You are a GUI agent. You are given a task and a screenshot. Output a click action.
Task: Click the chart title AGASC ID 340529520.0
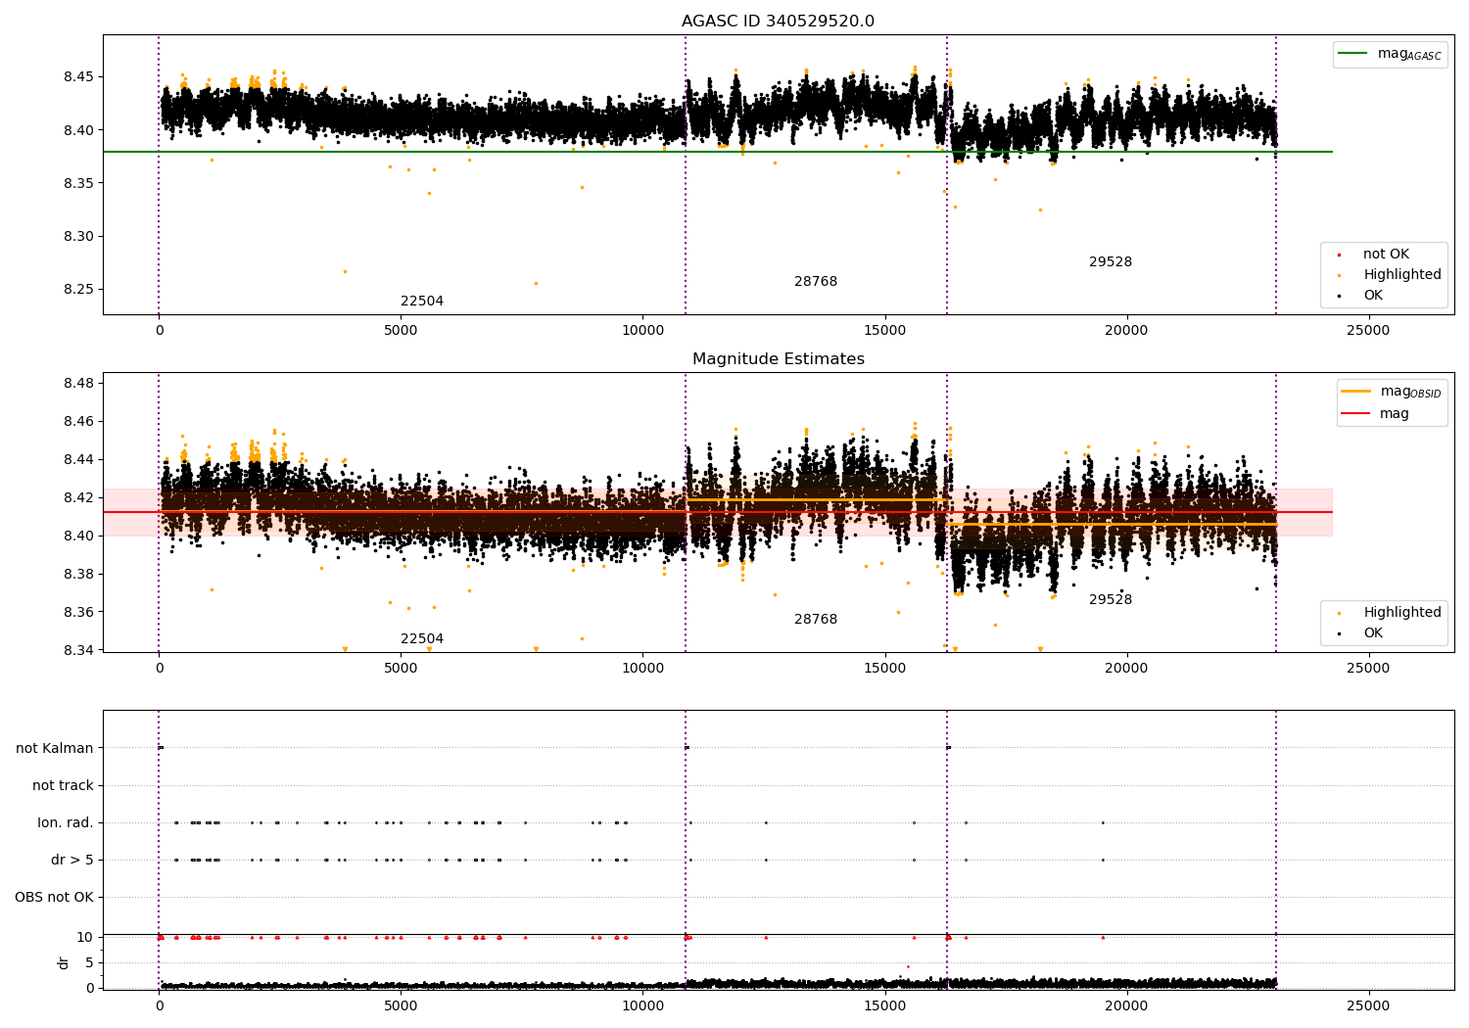tap(778, 21)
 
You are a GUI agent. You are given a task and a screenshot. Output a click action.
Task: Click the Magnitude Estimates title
tap(779, 358)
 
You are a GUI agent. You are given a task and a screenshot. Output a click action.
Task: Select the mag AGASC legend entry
tap(1390, 54)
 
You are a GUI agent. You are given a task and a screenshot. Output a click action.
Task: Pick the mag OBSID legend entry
tap(1391, 392)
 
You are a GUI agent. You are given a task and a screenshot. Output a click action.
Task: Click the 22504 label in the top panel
tap(422, 301)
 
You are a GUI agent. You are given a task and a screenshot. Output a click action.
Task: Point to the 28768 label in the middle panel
tap(815, 619)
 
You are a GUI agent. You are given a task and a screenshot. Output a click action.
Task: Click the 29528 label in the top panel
tap(1111, 261)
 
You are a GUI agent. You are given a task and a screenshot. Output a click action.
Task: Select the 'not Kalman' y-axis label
tap(55, 748)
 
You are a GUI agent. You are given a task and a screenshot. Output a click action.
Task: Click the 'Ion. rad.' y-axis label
tap(65, 822)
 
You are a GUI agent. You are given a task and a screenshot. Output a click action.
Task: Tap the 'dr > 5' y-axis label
tap(72, 860)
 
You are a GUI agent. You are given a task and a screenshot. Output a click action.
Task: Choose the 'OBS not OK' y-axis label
tap(55, 897)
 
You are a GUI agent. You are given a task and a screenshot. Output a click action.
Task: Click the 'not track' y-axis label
tap(63, 785)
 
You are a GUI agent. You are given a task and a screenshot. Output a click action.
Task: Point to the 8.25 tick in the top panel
tap(78, 289)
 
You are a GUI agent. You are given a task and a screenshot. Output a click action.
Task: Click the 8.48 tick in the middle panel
tap(78, 383)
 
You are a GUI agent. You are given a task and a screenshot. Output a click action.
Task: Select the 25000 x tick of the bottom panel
tap(1368, 1005)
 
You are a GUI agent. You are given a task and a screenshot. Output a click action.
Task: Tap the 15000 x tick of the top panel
tap(884, 331)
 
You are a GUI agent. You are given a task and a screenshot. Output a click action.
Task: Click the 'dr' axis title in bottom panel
tap(63, 962)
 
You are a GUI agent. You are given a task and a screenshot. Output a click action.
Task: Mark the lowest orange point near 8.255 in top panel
tap(536, 283)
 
